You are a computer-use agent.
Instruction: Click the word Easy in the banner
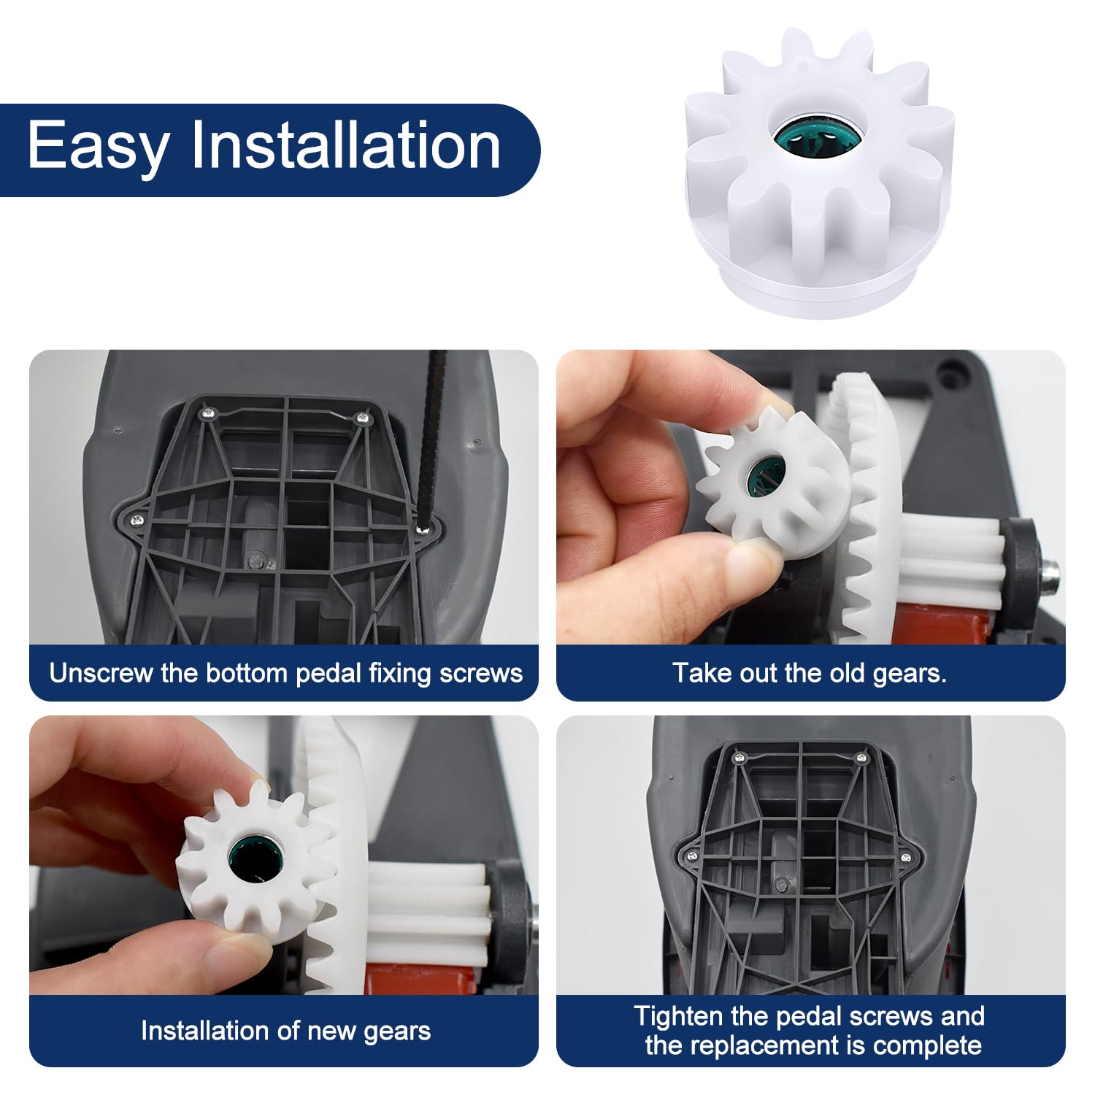(97, 146)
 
